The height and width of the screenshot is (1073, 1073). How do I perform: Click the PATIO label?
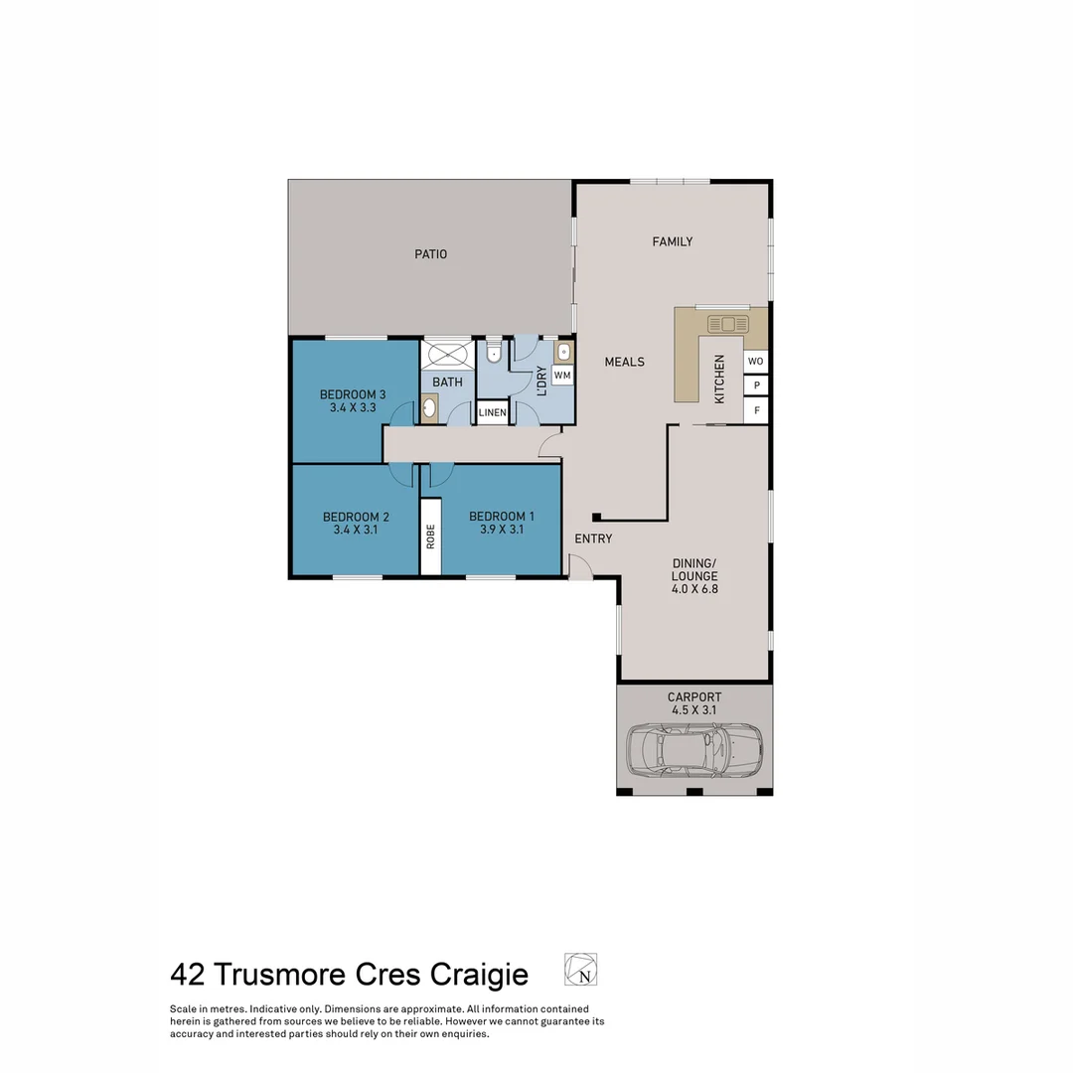coord(430,254)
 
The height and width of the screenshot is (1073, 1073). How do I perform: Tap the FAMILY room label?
coord(672,241)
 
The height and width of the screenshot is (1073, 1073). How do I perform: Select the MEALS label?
coord(624,362)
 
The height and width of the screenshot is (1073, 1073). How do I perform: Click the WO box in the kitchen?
coord(756,361)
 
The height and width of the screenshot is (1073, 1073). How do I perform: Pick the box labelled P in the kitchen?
coord(756,385)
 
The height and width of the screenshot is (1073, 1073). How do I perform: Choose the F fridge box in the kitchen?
coord(756,409)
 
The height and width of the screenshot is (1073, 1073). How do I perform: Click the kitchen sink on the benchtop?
coord(727,324)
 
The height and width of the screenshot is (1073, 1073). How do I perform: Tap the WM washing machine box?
coord(562,375)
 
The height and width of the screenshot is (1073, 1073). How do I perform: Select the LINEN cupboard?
coord(493,412)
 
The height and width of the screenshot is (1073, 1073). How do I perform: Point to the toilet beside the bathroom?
coord(494,353)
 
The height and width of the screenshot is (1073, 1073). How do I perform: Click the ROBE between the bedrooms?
coord(430,536)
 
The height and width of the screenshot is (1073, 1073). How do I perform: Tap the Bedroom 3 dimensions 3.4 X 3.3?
coord(353,407)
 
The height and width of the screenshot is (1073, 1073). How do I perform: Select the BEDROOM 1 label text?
coord(502,517)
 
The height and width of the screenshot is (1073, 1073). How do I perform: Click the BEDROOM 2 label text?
coord(356,517)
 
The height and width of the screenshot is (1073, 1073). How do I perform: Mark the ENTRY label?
coord(593,538)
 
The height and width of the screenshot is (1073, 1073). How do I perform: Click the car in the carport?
coord(694,750)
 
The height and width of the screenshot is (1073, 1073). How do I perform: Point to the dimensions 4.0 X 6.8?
coord(693,589)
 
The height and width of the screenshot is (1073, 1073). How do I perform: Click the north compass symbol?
coord(581,969)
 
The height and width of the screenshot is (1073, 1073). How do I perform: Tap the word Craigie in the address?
coord(479,975)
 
